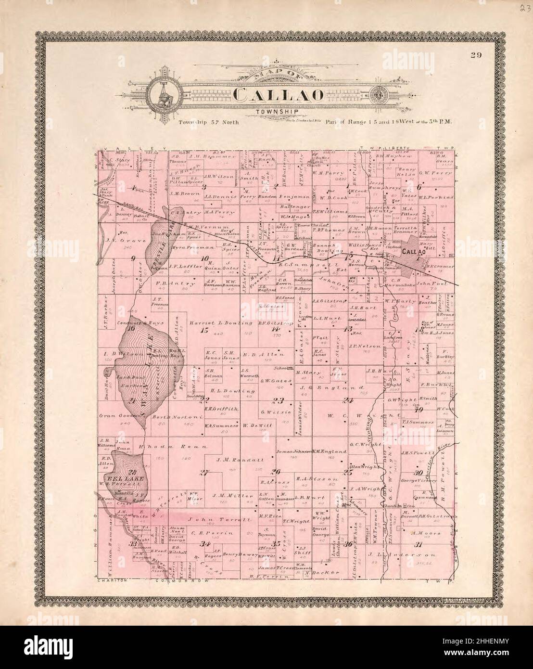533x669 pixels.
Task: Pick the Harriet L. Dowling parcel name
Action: [221, 322]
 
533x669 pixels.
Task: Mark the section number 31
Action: [419, 544]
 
